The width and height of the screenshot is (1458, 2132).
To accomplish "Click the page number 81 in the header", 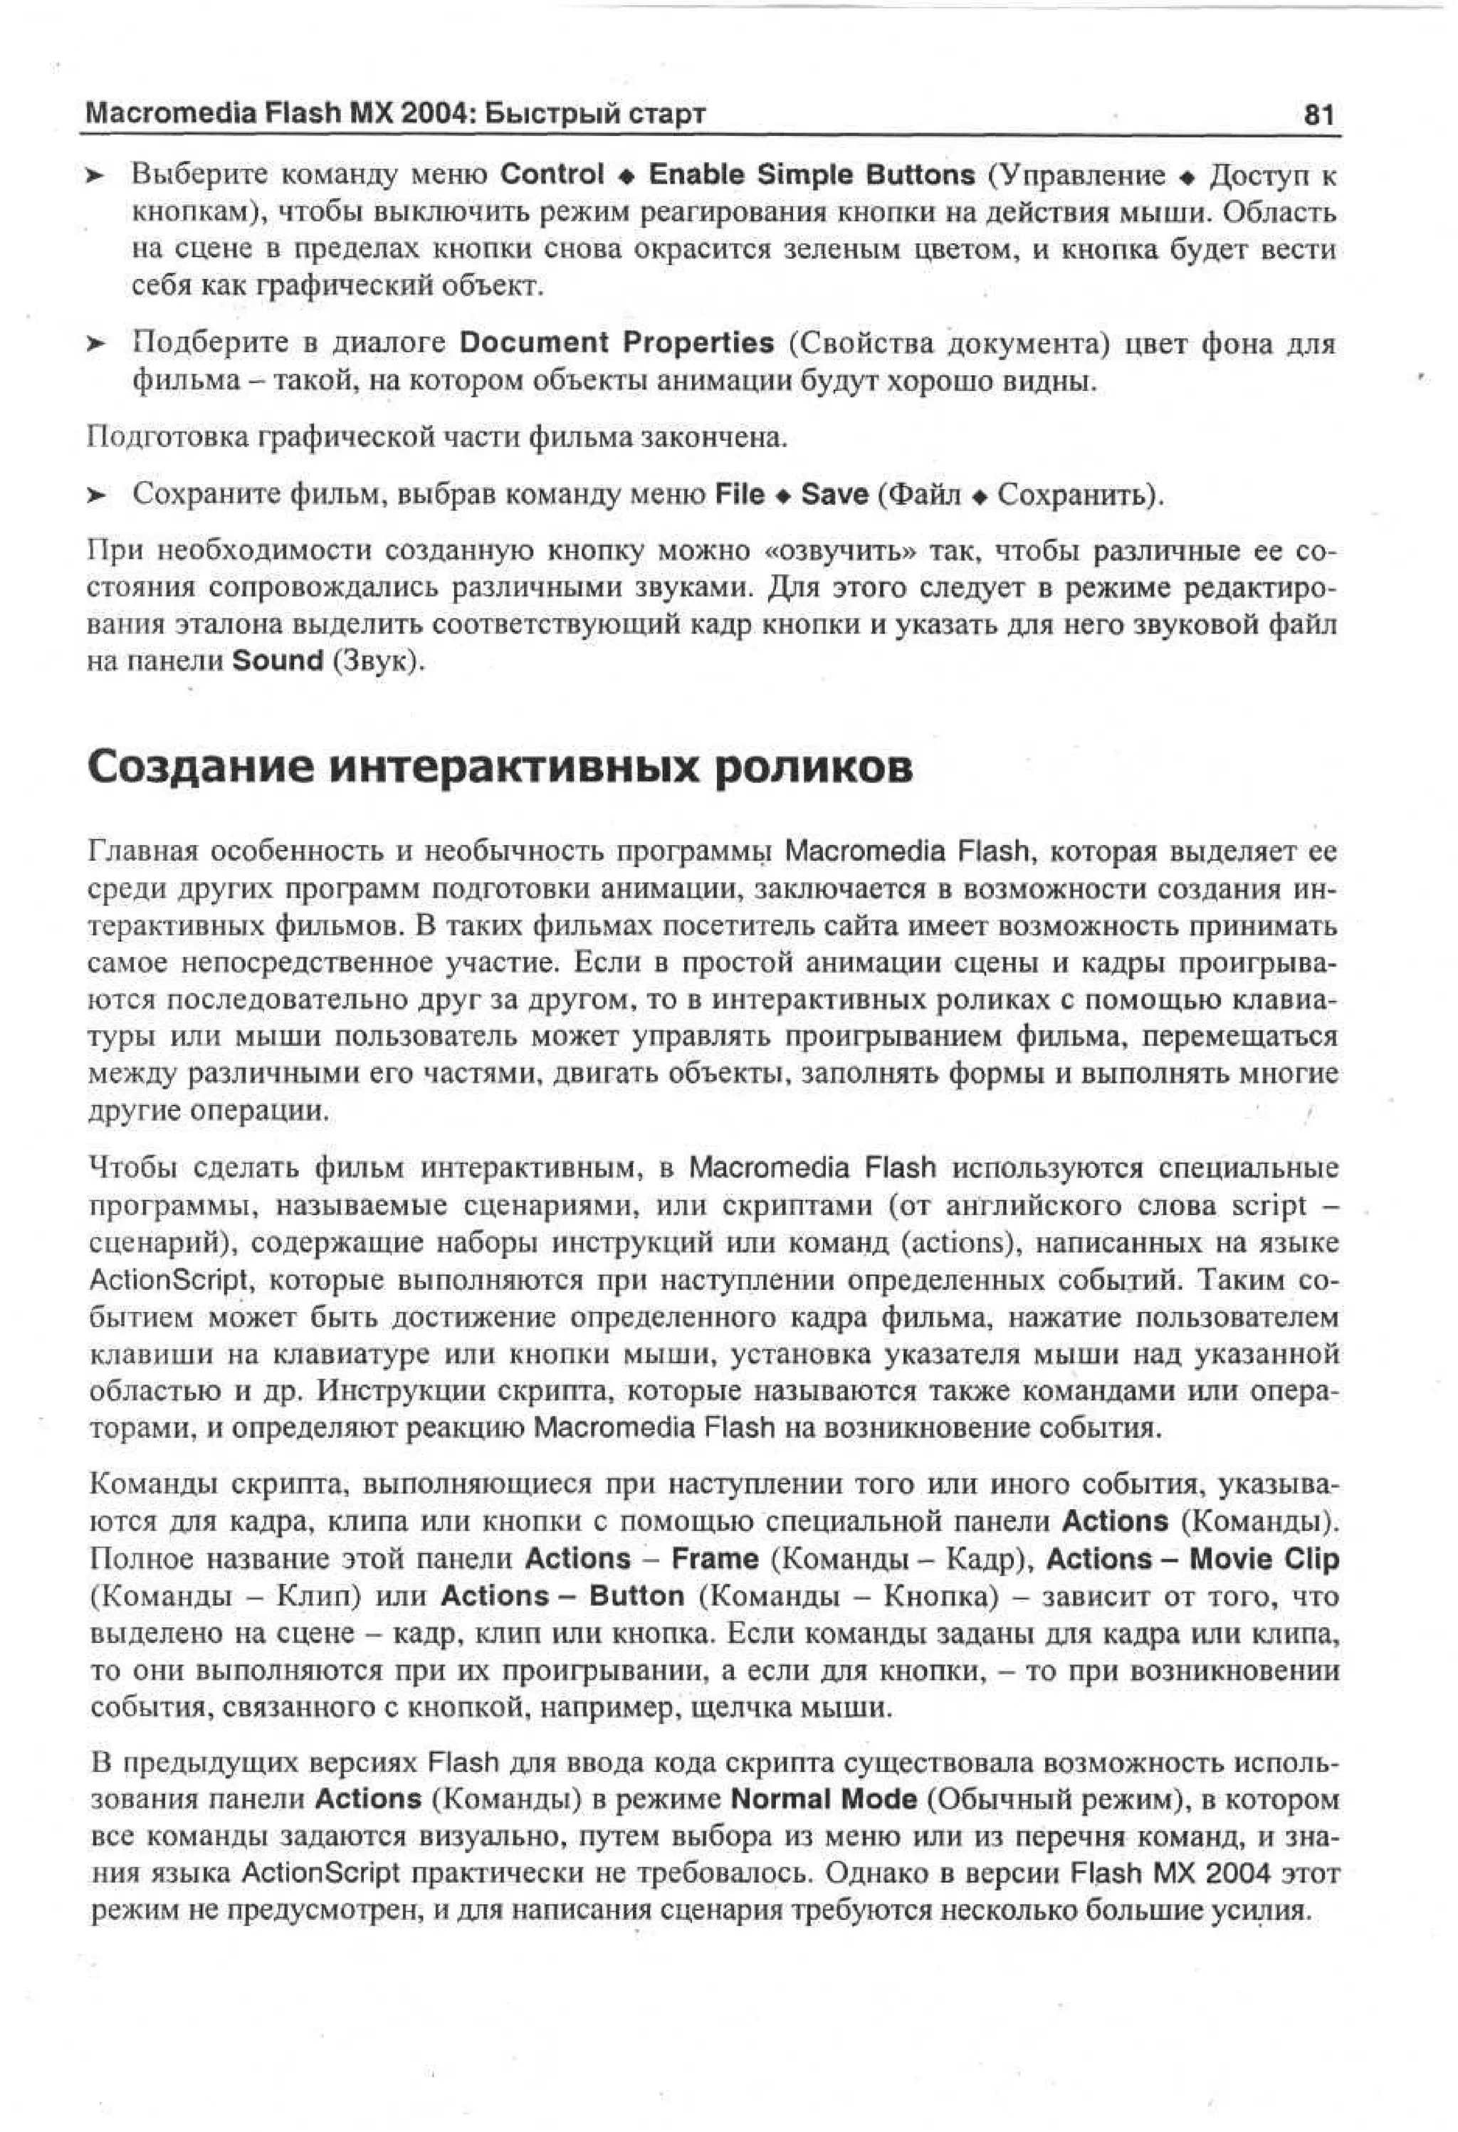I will pyautogui.click(x=1318, y=115).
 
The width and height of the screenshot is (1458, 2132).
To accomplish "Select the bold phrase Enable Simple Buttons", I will pyautogui.click(x=811, y=174).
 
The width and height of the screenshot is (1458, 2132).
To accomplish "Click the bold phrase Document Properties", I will pyautogui.click(x=617, y=343).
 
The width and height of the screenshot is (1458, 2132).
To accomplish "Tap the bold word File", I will pyautogui.click(x=739, y=495).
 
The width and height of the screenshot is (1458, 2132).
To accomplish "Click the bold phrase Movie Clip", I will pyautogui.click(x=1264, y=1559).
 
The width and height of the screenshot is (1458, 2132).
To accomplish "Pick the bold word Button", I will pyautogui.click(x=636, y=1595).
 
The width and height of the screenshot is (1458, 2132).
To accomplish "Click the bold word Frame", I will pyautogui.click(x=715, y=1559).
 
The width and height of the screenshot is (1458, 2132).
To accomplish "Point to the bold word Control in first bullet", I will pyautogui.click(x=552, y=174).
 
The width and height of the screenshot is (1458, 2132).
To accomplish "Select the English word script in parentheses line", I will pyautogui.click(x=1267, y=1205).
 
